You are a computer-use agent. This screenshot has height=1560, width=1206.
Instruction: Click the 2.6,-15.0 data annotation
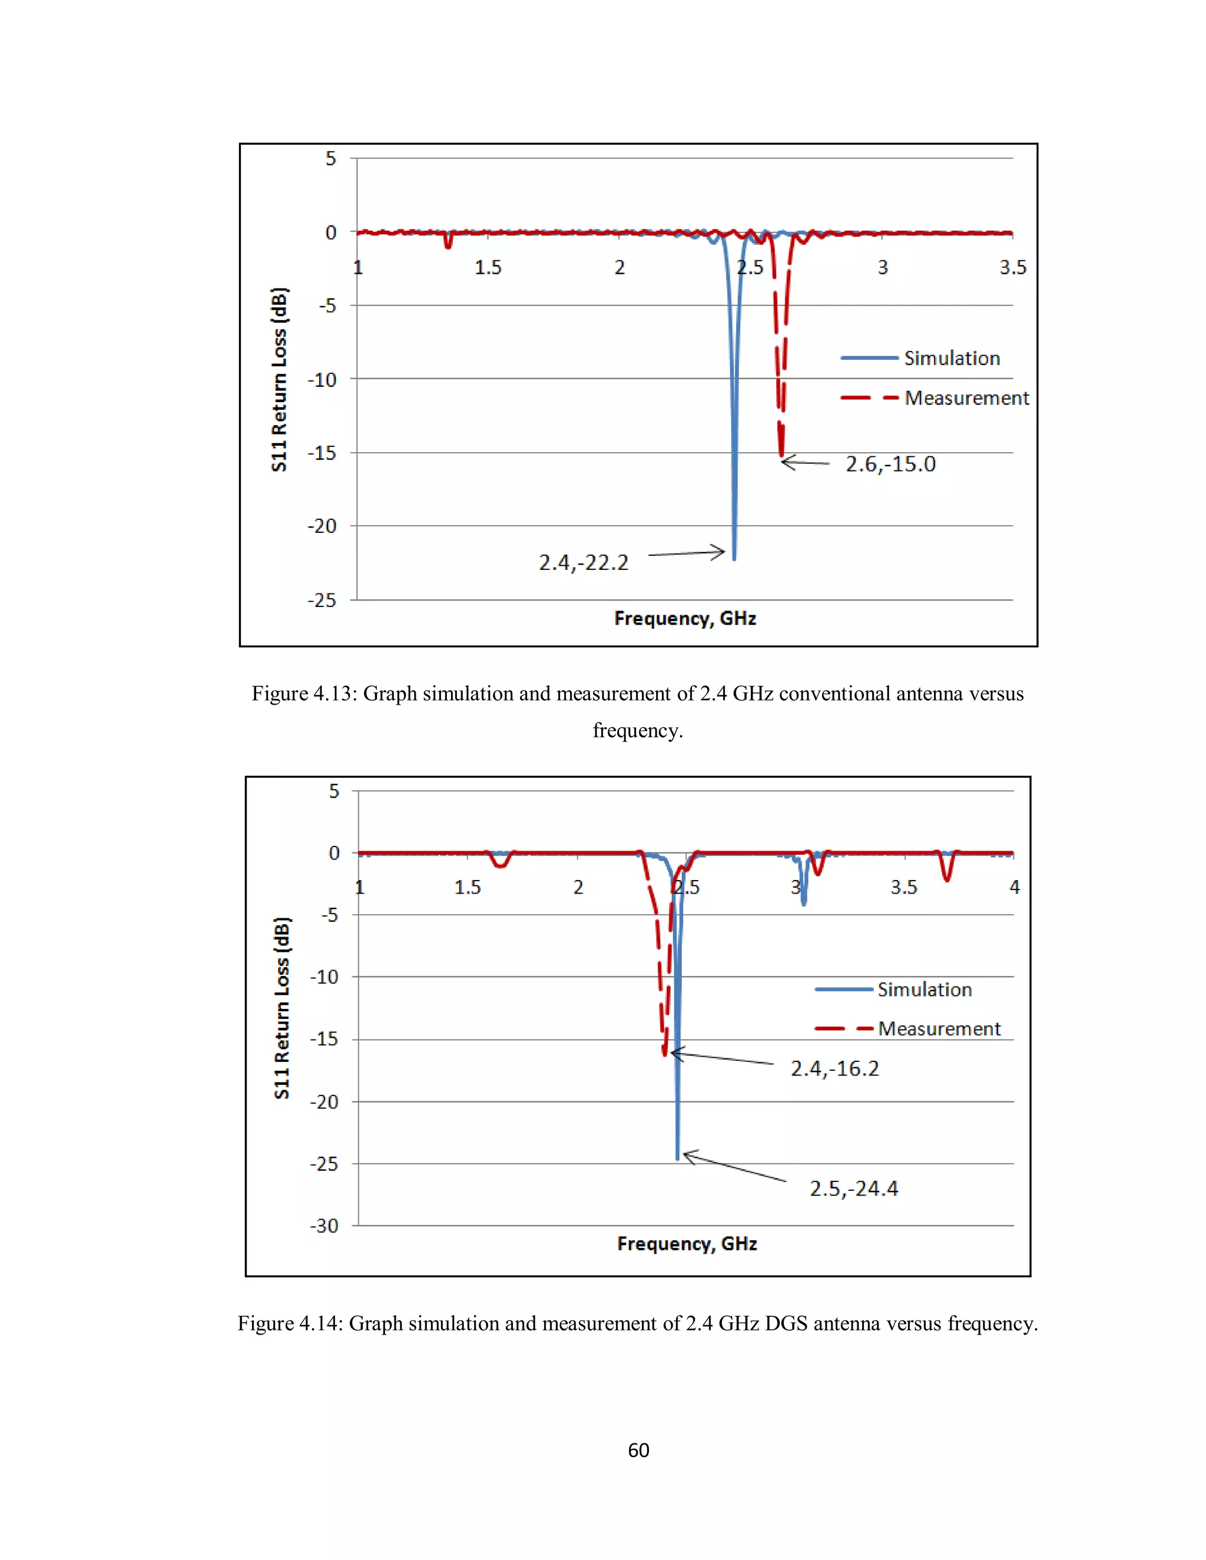click(x=890, y=464)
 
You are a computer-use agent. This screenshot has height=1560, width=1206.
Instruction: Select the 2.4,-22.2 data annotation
click(x=583, y=563)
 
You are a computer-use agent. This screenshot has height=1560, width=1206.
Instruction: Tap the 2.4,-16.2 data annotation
click(x=834, y=1068)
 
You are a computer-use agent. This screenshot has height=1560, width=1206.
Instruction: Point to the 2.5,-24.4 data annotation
click(x=854, y=1189)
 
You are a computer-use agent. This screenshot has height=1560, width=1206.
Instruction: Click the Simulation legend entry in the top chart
click(x=952, y=358)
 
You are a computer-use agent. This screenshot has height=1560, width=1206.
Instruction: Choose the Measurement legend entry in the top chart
click(x=966, y=398)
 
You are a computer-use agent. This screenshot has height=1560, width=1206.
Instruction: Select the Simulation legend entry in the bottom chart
click(x=925, y=990)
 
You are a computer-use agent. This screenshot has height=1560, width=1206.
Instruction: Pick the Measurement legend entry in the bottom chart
click(x=939, y=1028)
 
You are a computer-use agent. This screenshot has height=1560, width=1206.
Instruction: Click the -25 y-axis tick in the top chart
click(x=322, y=600)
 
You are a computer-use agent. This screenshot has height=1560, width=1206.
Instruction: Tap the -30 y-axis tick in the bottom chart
click(x=324, y=1226)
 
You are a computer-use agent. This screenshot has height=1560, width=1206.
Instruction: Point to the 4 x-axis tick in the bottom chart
click(x=1015, y=887)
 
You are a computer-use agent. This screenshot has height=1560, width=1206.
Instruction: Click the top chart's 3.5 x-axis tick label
click(x=1012, y=267)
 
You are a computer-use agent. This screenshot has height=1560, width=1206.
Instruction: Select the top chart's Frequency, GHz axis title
click(x=684, y=619)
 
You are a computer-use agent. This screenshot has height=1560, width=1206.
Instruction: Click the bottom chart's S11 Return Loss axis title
click(x=281, y=1007)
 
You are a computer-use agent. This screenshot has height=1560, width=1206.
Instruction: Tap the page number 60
click(x=638, y=1450)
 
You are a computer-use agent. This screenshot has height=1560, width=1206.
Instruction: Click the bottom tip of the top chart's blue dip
click(x=734, y=559)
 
